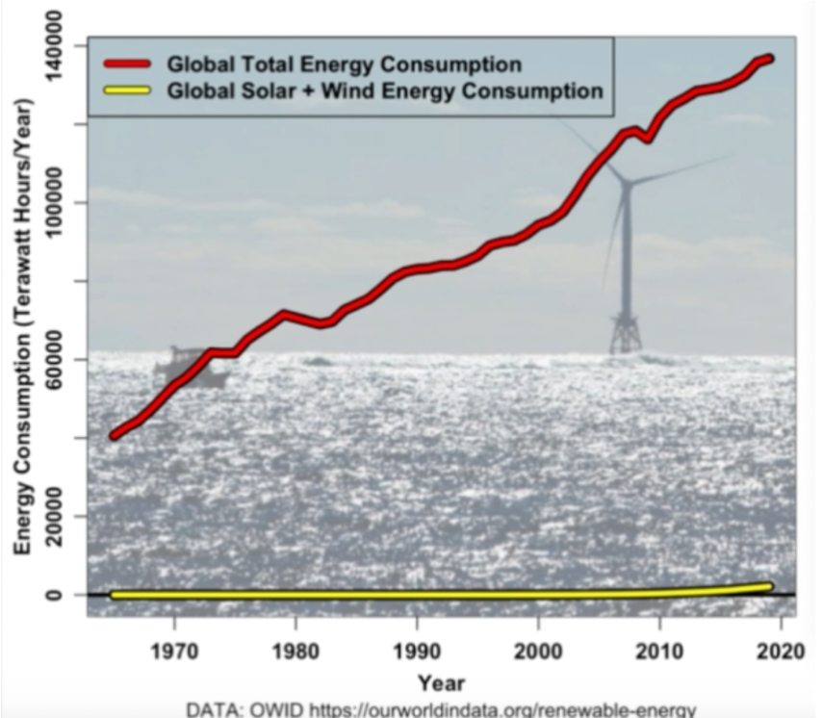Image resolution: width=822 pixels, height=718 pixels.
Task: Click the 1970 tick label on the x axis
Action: [x=174, y=651]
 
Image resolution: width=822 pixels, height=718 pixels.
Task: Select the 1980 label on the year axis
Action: [x=295, y=651]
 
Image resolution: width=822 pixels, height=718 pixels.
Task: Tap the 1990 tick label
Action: [x=417, y=651]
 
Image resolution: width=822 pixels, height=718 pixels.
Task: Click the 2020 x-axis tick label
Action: [x=781, y=651]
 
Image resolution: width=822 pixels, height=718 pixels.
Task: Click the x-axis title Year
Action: [x=441, y=683]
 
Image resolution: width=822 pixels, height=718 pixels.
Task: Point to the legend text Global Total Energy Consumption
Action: [x=344, y=64]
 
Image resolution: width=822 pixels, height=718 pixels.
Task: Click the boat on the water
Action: [x=189, y=368]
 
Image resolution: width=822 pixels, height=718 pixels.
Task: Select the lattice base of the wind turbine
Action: [x=626, y=333]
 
